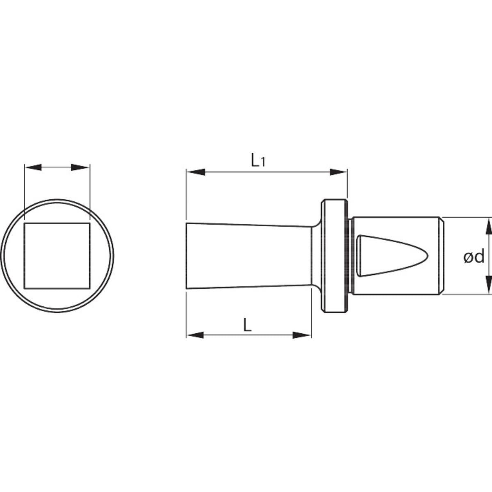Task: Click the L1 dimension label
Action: [258, 160]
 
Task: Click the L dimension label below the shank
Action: [247, 325]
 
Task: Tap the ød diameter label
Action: [474, 256]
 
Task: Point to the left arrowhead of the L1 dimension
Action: [196, 172]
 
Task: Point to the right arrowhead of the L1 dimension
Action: [338, 172]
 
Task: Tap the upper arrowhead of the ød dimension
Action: [488, 226]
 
